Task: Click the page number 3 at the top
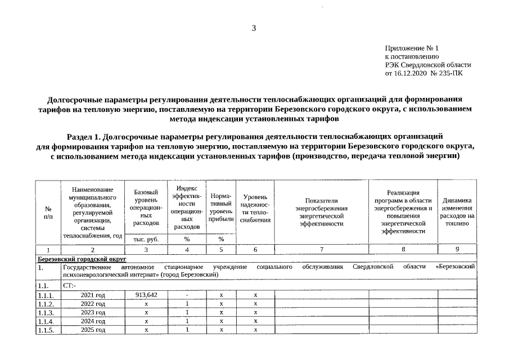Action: [x=254, y=28]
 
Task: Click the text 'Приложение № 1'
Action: [x=411, y=49]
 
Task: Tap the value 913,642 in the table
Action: [x=146, y=295]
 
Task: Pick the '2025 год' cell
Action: [x=93, y=330]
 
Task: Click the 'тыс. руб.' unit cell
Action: [x=146, y=239]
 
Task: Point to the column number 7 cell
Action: [x=321, y=249]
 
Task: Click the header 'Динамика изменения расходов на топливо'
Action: [x=457, y=211]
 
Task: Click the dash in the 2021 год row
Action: [x=186, y=295]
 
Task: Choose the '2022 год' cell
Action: [x=93, y=304]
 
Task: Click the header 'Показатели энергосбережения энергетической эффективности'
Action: [x=321, y=211]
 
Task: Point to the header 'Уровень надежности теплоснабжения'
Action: [x=255, y=208]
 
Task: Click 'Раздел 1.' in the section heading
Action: [x=84, y=136]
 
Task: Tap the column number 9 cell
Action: [x=457, y=249]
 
